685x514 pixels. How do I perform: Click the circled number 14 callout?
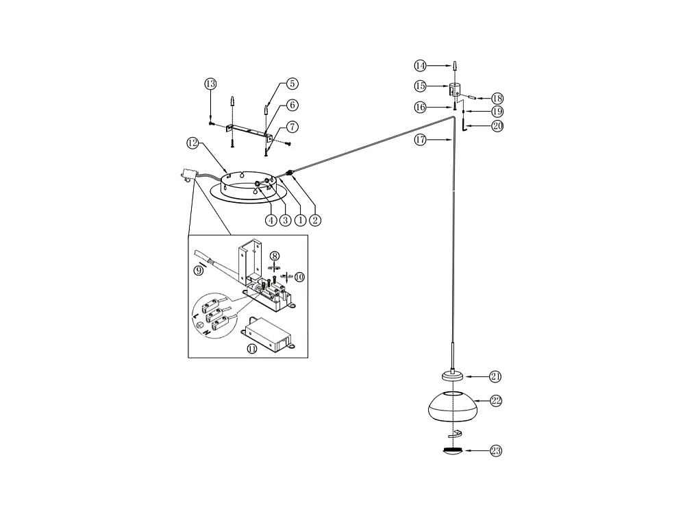point(420,66)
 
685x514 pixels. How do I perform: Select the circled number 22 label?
point(496,401)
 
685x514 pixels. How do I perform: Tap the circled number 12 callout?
point(192,143)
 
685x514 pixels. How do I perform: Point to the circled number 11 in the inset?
point(252,348)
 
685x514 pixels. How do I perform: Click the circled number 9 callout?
point(199,271)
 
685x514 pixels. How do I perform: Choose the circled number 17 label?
point(420,140)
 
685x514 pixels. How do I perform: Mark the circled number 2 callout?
point(315,220)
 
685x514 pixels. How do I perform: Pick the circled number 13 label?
point(210,84)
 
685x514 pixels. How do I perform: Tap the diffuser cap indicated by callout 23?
point(453,452)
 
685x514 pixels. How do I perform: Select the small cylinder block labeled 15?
point(454,90)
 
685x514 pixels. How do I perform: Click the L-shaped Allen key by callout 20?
point(464,125)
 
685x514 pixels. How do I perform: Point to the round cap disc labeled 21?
point(453,376)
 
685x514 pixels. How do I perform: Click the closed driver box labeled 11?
point(268,335)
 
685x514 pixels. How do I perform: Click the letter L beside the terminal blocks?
point(195,315)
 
